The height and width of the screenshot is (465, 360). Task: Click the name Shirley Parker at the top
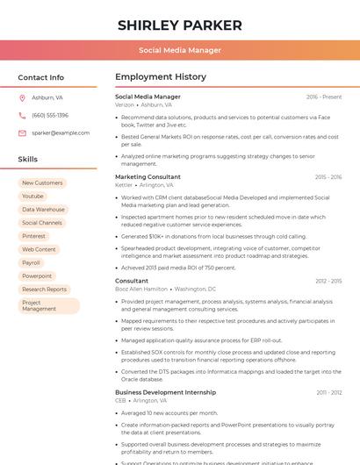point(179,25)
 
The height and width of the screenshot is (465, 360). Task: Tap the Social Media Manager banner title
point(179,50)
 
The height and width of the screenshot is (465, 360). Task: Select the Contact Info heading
point(41,77)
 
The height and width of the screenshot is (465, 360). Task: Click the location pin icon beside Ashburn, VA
point(22,97)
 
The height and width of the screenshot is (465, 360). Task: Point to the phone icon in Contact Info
point(22,115)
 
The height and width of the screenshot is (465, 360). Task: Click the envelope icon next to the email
point(22,133)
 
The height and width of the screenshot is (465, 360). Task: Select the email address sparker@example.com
point(61,133)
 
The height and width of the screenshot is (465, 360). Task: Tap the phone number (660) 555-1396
point(50,115)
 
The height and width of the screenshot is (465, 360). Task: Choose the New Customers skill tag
point(42,183)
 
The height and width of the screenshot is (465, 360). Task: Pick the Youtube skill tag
point(32,197)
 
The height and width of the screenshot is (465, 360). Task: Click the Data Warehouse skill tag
point(43,210)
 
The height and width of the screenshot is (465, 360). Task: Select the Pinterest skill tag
point(33,236)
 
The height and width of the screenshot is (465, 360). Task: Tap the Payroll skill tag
point(31,262)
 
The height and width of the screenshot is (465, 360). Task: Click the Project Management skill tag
point(39,305)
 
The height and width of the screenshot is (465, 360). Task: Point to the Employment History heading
point(161,77)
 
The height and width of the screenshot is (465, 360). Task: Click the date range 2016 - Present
point(324,97)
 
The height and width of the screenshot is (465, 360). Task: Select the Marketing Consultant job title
point(148,177)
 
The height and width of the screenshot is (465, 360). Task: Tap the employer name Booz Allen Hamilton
point(141,289)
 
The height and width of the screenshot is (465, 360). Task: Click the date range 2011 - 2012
point(329,392)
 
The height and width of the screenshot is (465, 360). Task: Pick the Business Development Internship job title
point(165,392)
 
